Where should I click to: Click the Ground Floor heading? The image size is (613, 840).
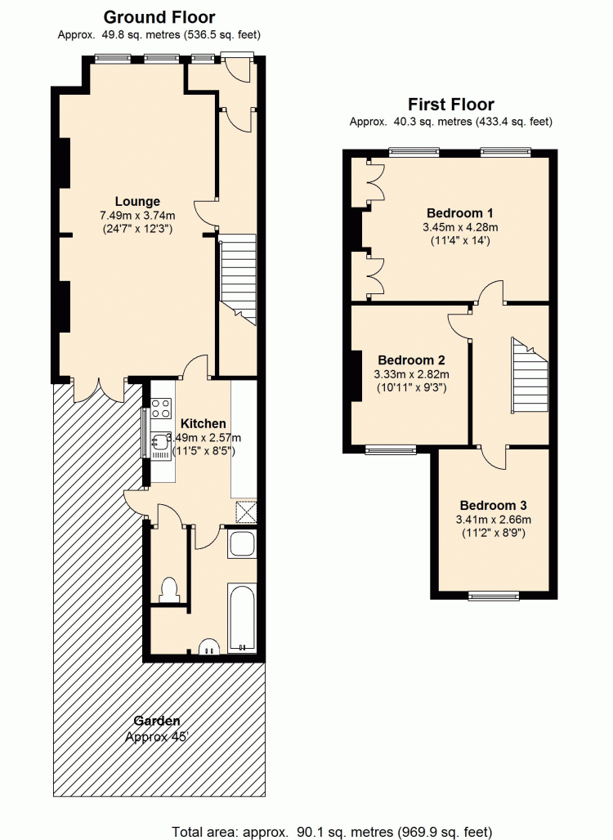[x=159, y=17]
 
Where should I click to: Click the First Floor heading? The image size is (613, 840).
[x=450, y=104]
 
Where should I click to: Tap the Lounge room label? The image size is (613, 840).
[x=137, y=202]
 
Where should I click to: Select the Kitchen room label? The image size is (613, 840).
[x=203, y=424]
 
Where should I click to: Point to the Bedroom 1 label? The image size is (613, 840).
[x=459, y=212]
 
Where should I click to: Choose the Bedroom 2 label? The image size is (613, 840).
[x=411, y=360]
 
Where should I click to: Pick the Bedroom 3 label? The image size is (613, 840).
[x=493, y=505]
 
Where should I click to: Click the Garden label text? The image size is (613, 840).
[x=157, y=721]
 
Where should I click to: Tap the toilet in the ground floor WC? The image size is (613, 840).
[x=169, y=590]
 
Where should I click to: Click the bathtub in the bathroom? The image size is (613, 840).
[x=242, y=618]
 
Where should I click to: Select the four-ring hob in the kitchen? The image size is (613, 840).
[x=161, y=409]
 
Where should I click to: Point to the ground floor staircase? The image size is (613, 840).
[x=237, y=279]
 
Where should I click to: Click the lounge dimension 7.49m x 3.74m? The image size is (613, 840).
[x=137, y=216]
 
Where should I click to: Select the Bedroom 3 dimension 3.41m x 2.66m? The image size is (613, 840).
[x=494, y=519]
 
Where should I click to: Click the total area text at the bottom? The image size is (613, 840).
[x=332, y=832]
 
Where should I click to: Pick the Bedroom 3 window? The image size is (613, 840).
[x=494, y=595]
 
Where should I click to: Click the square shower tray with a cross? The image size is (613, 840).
[x=246, y=512]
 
